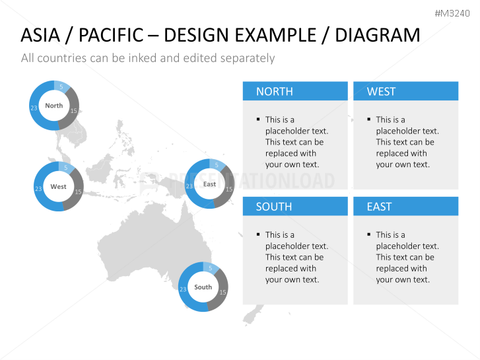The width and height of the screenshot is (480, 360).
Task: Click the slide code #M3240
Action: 454,13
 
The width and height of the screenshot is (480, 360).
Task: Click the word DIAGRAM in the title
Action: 377,35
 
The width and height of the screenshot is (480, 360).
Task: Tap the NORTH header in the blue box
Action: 274,92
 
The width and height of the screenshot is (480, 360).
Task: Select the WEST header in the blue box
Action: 381,92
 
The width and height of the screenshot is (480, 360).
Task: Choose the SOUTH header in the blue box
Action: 274,207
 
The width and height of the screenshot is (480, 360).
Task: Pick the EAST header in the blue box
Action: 379,207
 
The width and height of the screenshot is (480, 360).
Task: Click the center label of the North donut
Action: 54,106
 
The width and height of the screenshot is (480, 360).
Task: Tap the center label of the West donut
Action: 58,187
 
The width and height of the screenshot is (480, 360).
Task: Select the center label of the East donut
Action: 209,184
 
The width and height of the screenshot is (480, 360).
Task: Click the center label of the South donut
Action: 203,287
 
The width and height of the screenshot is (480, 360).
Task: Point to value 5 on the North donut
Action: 61,87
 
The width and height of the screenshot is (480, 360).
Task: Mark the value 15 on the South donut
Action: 223,293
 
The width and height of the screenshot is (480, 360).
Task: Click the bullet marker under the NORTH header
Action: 257,120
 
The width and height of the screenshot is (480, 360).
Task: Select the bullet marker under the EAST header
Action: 368,234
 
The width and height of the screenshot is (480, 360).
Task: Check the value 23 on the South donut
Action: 183,289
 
